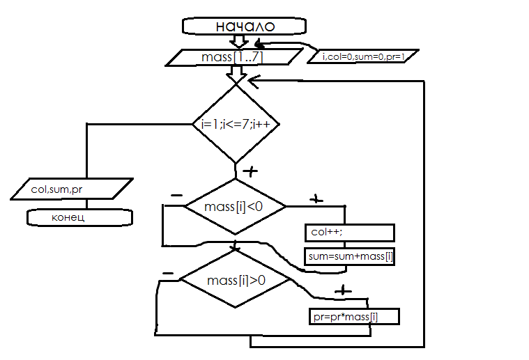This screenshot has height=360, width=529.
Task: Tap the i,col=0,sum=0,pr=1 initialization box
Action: click(x=363, y=56)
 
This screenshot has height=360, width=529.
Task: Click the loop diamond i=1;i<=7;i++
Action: click(x=236, y=124)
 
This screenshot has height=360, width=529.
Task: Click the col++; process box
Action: click(x=349, y=232)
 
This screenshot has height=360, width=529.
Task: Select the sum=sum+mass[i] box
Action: click(x=351, y=256)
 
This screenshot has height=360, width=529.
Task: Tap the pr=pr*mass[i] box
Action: click(x=354, y=317)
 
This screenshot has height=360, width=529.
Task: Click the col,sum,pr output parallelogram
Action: click(x=72, y=188)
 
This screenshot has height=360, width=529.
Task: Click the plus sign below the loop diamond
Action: click(x=249, y=171)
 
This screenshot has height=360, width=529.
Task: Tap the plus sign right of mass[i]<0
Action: click(x=316, y=199)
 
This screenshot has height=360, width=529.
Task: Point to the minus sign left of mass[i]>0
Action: click(x=167, y=272)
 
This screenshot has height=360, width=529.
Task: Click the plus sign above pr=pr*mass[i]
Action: click(x=342, y=290)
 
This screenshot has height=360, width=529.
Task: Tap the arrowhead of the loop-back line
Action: click(x=253, y=82)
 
